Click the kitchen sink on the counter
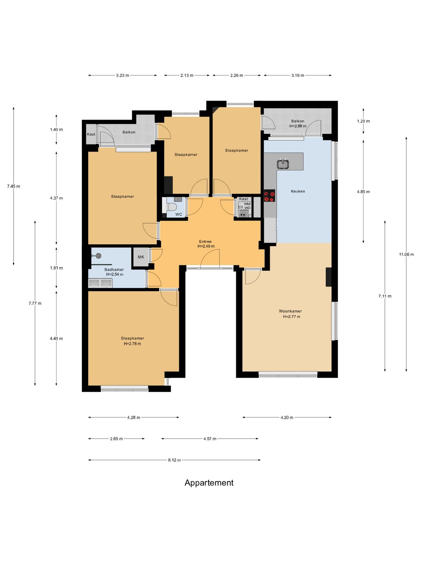point(283,164)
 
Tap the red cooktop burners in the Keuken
point(269,196)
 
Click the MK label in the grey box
point(141,257)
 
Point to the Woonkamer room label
point(290,311)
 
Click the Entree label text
point(205,241)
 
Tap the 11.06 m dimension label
point(406,254)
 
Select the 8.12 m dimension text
point(174,460)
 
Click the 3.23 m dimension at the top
point(122,76)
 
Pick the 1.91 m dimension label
point(56,268)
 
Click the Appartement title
point(209,483)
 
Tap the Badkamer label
point(114,269)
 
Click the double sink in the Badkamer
point(100,283)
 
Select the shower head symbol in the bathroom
point(98,255)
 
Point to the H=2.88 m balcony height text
point(297,126)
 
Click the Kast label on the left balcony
point(91,134)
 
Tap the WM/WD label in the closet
point(247,206)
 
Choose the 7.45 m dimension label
point(14,186)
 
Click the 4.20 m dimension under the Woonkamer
point(287,417)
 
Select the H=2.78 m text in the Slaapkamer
point(133,344)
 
